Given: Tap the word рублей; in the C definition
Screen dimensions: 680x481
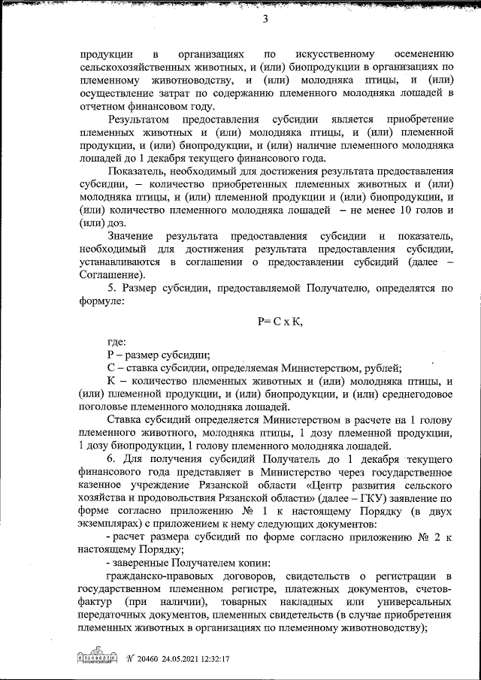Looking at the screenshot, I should (383, 367).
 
